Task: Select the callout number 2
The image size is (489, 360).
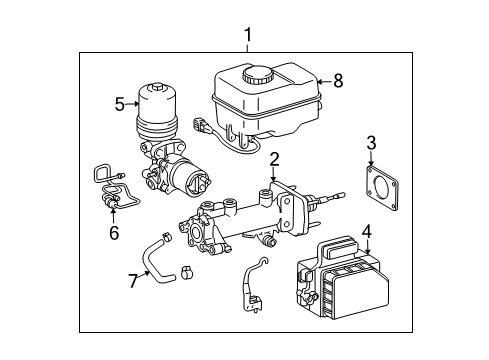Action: click(273, 157)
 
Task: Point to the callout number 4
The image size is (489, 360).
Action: click(367, 231)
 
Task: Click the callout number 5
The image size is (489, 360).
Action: click(119, 102)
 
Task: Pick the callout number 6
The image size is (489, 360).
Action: click(113, 232)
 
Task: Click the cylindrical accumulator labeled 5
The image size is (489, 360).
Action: click(157, 115)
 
